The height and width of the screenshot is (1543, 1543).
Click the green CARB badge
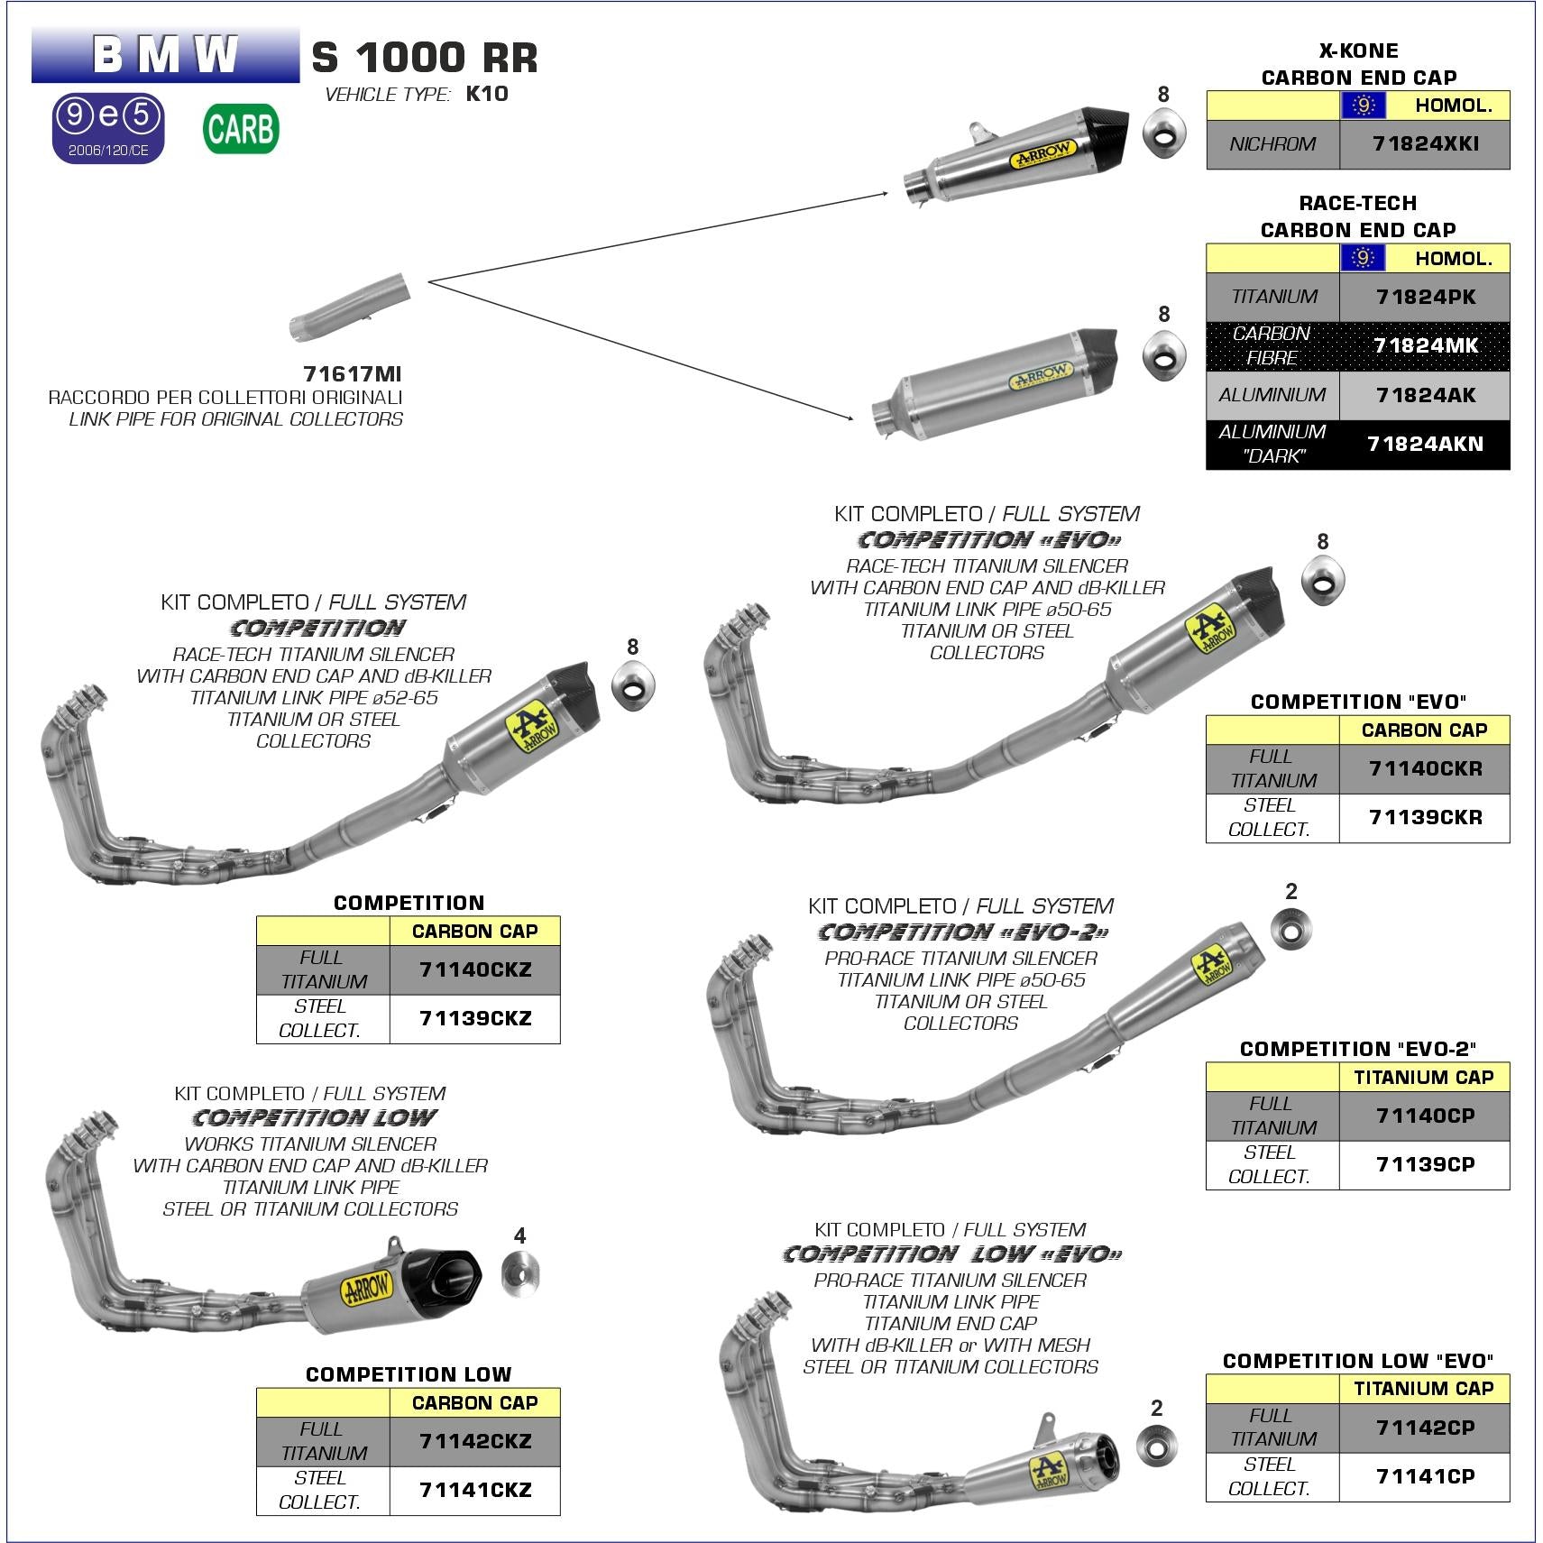241,129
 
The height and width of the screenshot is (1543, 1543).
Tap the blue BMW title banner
165,55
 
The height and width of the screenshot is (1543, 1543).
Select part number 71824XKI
1425,144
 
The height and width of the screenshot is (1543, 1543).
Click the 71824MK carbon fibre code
1425,345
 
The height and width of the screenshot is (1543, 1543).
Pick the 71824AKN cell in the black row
1425,444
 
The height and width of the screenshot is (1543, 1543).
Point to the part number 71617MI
352,374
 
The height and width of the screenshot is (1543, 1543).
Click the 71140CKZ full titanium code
475,970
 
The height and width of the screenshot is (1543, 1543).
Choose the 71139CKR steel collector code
1425,818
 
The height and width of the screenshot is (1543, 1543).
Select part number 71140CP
1425,1116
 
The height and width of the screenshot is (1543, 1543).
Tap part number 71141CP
1425,1476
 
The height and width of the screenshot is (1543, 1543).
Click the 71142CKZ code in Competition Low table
475,1441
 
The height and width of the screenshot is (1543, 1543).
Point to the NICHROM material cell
1272,144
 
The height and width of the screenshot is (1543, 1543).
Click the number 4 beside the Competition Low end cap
519,1235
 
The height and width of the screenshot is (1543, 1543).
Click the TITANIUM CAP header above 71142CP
1424,1389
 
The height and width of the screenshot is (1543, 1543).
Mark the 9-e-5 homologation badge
109,127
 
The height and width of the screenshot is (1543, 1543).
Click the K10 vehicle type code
487,94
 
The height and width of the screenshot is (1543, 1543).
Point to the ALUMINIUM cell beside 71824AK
1272,395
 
